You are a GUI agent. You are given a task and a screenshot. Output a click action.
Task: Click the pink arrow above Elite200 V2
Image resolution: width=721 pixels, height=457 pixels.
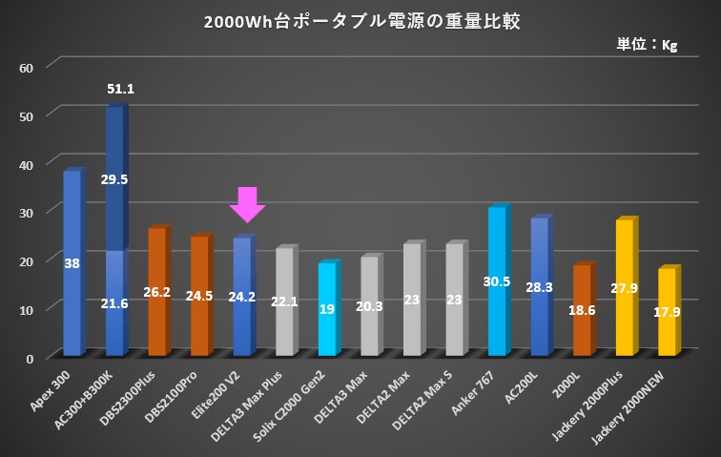247,204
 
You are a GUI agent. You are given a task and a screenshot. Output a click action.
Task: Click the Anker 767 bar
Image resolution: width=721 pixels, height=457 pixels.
497,281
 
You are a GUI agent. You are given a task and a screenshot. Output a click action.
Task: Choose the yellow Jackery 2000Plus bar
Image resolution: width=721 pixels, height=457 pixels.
625,287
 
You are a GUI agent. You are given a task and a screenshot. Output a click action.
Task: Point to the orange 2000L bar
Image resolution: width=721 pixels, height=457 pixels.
582,310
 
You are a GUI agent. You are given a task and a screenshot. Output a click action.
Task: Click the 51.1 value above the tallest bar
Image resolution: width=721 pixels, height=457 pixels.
120,89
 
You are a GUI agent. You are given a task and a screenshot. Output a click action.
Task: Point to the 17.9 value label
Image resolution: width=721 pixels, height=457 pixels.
667,311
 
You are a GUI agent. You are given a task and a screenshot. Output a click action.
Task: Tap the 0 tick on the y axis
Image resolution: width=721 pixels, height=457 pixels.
31,358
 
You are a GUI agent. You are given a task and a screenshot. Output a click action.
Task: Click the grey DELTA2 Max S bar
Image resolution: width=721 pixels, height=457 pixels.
454,300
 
